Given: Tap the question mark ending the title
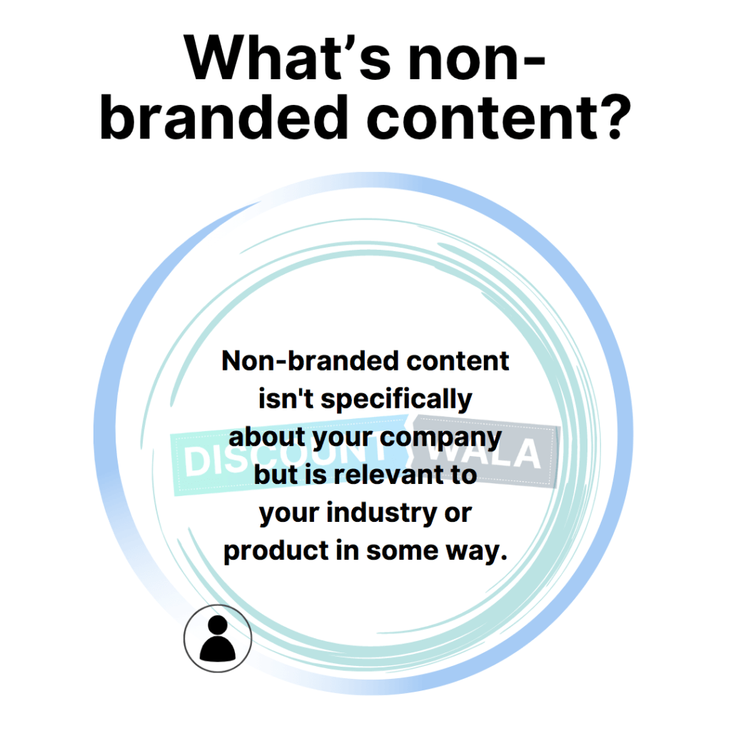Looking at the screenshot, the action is pos(615,116).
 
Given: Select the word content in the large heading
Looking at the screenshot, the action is pos(482,116).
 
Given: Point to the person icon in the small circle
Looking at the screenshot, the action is pos(218,638).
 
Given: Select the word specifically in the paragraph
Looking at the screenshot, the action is pos(396,400).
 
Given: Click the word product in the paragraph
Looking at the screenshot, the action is pos(276,552).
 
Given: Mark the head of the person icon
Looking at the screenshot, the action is pos(218,625).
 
